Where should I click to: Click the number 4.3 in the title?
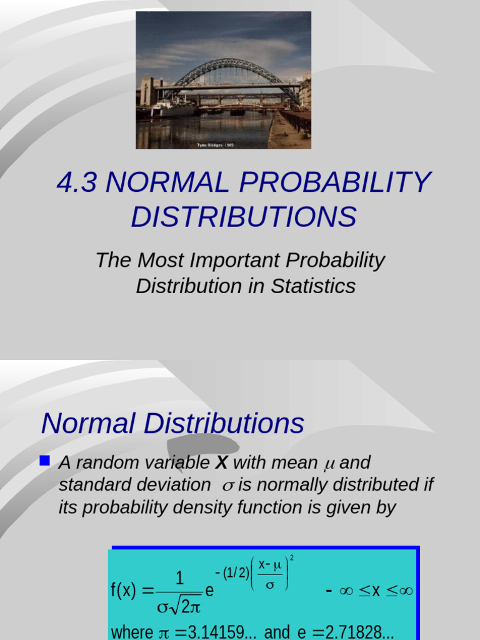point(77,182)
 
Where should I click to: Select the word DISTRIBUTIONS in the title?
point(244,217)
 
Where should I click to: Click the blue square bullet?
point(44,461)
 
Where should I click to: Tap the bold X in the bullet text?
point(221,463)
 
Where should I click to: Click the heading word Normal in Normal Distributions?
point(88,424)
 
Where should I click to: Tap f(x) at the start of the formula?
point(124,591)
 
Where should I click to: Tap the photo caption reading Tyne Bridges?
point(215,145)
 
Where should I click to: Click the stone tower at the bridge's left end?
point(147,91)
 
